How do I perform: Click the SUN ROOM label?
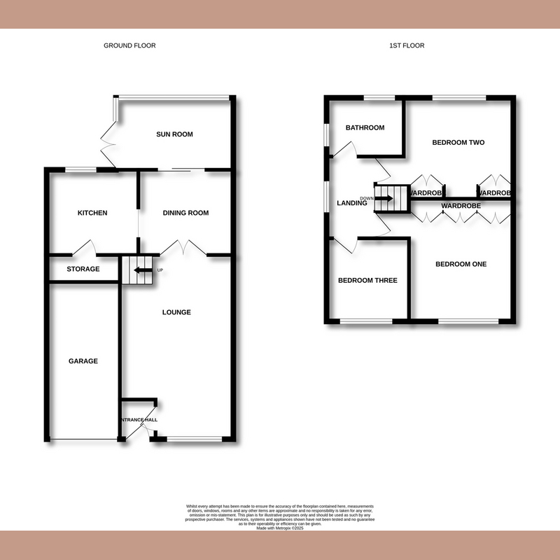pos(174,134)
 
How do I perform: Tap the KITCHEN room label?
pos(92,213)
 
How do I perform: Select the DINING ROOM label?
pos(185,213)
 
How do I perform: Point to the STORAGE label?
pos(83,269)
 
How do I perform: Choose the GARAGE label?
pos(83,361)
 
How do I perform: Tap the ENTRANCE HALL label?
pos(139,420)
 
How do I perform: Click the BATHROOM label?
pos(365,127)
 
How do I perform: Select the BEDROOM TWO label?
pos(458,143)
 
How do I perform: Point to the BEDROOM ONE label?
pos(461,264)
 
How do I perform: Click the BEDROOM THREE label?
pos(367,281)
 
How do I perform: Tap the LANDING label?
pos(352,204)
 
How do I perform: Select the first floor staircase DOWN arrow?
pos(384,198)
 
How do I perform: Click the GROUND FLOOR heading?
pos(129,45)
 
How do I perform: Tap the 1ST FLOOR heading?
pos(407,45)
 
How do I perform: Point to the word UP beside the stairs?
pos(160,270)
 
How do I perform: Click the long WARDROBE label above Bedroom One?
pos(461,206)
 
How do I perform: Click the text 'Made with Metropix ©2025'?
pos(280,519)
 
